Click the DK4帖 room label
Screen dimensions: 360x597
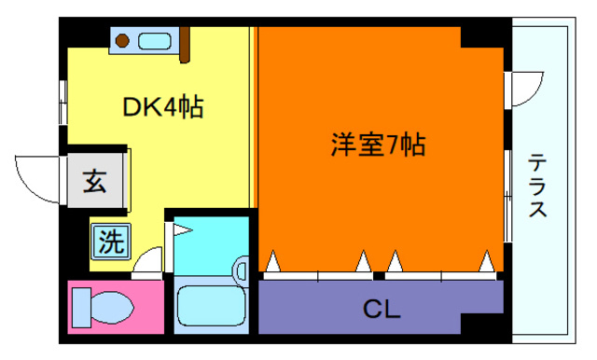tap(164, 108)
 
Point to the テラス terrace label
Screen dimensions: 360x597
tap(538, 186)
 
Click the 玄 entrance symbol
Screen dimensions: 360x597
tap(95, 180)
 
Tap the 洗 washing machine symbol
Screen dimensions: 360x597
tap(110, 243)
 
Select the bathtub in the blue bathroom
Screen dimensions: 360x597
tap(210, 306)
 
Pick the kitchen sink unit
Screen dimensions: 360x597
tap(155, 40)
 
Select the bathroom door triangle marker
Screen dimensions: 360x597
tap(180, 228)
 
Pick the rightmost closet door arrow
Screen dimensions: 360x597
tap(486, 262)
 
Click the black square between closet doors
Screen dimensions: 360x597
tap(379, 276)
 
